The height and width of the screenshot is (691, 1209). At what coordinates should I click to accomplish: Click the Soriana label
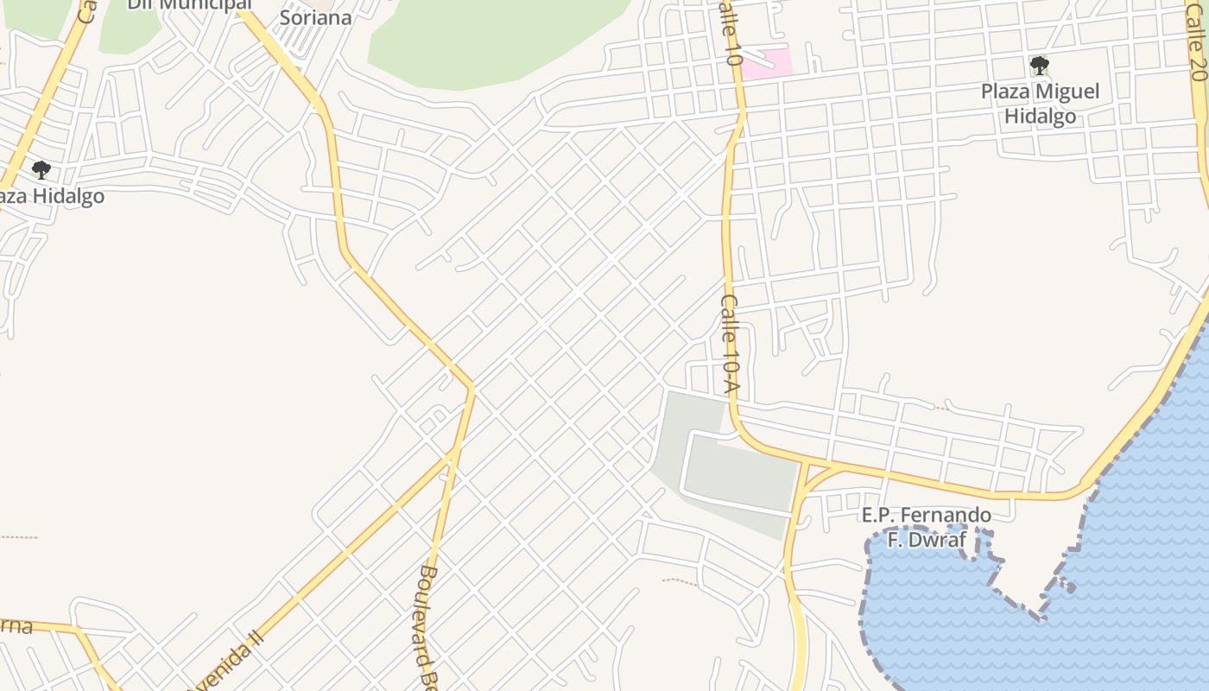(315, 18)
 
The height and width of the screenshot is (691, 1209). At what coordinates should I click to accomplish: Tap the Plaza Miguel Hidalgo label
(1041, 104)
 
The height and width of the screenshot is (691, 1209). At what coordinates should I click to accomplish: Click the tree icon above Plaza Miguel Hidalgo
(1040, 66)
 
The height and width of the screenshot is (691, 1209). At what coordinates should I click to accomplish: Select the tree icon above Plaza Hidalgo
(41, 170)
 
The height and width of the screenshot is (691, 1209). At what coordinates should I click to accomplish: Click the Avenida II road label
(226, 662)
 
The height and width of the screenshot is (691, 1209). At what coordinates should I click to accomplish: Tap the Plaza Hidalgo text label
(52, 196)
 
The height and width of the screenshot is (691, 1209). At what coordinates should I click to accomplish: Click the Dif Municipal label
(189, 5)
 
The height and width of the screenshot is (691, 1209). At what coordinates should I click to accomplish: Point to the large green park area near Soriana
(492, 39)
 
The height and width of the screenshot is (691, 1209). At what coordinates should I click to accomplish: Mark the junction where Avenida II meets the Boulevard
(454, 452)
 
